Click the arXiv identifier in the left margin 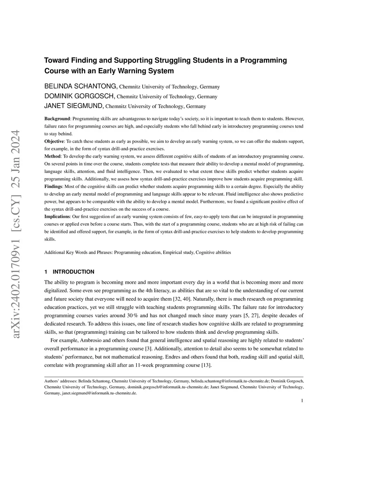(x=16, y=235)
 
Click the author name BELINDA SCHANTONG (x=81, y=86)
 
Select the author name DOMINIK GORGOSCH (x=79, y=96)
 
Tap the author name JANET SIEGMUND (x=74, y=106)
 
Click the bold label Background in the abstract (x=57, y=119)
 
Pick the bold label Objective (x=54, y=141)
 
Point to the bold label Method (x=52, y=157)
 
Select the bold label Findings (x=53, y=187)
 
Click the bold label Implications (x=57, y=217)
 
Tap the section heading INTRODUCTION (x=73, y=272)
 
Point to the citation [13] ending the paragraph (x=206, y=365)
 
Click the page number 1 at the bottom (x=302, y=401)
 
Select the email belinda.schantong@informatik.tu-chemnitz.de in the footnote (x=230, y=381)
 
